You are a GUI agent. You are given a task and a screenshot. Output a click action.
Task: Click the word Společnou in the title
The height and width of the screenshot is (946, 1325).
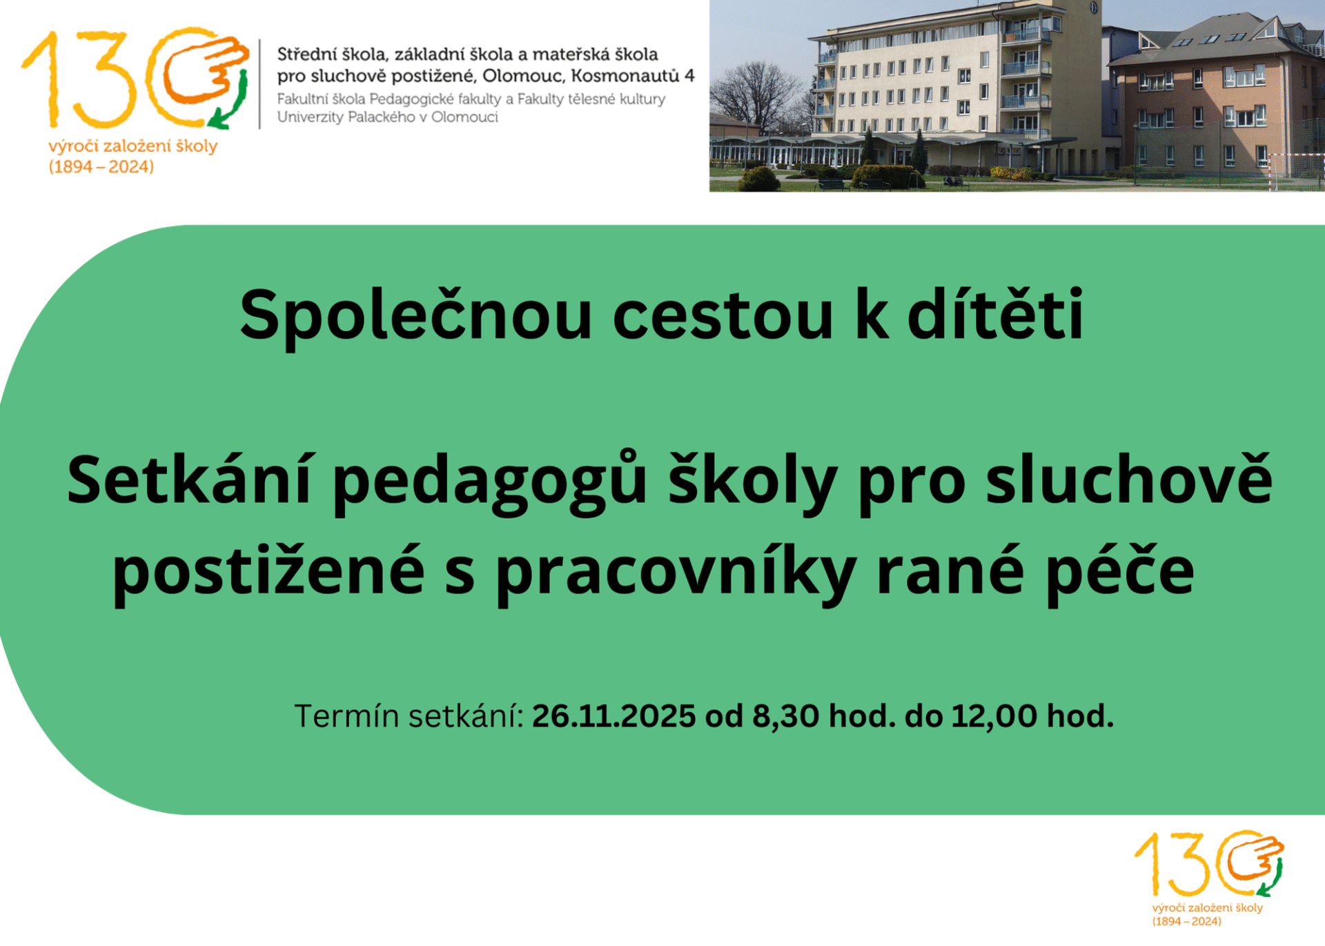tap(415, 317)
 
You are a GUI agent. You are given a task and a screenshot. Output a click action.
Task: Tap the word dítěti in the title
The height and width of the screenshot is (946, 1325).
tap(995, 314)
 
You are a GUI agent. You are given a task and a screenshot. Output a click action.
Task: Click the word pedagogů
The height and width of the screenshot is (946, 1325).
tap(490, 483)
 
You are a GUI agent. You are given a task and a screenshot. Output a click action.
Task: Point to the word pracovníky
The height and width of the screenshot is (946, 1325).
tap(676, 572)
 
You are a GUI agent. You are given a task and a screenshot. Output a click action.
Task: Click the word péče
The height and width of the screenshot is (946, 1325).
tap(1120, 572)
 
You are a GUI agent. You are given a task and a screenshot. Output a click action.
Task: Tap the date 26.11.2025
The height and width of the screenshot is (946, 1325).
tap(614, 716)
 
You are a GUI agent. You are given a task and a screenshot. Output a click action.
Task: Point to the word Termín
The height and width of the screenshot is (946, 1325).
tap(347, 716)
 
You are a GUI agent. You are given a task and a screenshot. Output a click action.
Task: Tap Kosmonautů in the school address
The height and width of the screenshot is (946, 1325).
tap(626, 76)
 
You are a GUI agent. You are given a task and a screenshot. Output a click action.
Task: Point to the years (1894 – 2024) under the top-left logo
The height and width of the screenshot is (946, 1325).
tap(101, 167)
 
